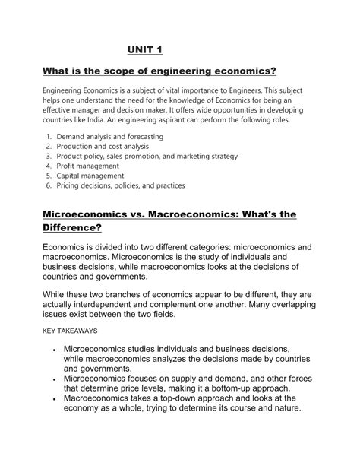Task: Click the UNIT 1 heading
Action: [x=145, y=50]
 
